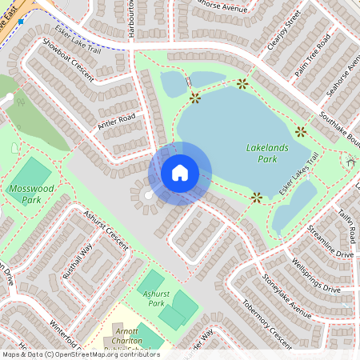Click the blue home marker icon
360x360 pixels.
tap(180, 173)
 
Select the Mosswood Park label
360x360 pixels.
tap(26, 194)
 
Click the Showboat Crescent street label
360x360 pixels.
tap(68, 60)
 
